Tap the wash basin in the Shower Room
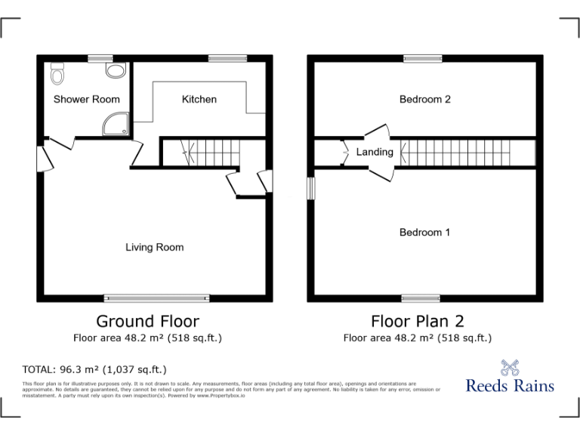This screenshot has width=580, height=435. [115, 70]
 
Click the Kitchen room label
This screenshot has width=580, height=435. [199, 99]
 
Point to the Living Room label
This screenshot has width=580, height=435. [154, 247]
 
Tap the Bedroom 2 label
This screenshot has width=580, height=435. [424, 99]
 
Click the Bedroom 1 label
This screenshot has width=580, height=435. [424, 233]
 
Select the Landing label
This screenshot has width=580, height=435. [375, 152]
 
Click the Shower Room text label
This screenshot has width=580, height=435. [86, 99]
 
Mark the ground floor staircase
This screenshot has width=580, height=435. [199, 151]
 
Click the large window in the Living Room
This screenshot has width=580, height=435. [156, 298]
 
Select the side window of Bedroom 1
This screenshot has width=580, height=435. [310, 188]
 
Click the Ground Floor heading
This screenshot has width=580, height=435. [147, 321]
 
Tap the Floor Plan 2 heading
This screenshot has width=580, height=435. [418, 321]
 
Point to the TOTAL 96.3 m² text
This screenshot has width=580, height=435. [95, 369]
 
